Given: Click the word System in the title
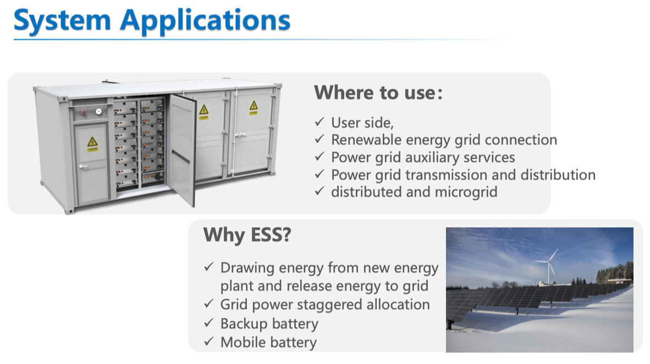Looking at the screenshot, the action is (x=62, y=21).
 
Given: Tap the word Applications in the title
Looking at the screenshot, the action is (x=205, y=21).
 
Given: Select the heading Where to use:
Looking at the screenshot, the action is (x=378, y=93).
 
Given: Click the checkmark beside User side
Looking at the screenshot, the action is (x=319, y=122).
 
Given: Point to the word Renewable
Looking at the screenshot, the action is (x=366, y=140).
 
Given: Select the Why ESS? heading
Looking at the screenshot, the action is (x=247, y=235).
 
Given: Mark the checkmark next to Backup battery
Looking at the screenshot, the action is (x=209, y=323).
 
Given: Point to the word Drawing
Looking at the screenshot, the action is (x=247, y=268).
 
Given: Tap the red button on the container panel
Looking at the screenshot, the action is (x=83, y=111).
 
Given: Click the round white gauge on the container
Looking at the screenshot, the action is (x=98, y=111).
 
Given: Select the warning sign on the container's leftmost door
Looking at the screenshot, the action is (x=92, y=144).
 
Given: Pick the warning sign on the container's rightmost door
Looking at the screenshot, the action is (x=254, y=107).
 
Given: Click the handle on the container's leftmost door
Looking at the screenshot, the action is (x=84, y=167).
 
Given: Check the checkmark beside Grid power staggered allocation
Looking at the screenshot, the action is (x=209, y=304).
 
